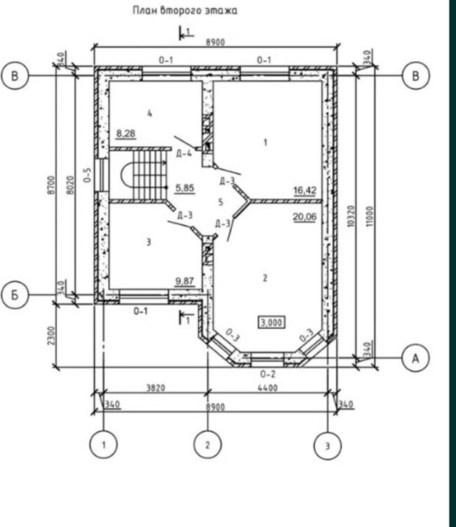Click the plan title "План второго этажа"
[x=185, y=11]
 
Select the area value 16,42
[x=305, y=190]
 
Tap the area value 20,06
[x=304, y=217]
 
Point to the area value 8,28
[x=126, y=134]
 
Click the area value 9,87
[x=185, y=280]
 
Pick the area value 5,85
[x=185, y=188]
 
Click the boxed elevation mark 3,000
[x=271, y=323]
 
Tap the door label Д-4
[x=184, y=154]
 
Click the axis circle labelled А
[x=416, y=358]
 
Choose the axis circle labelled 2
[x=207, y=445]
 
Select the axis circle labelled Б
[x=15, y=294]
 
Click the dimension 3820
[x=155, y=388]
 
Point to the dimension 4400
[x=268, y=388]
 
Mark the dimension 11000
[x=370, y=216]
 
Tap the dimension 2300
[x=51, y=335]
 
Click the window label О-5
[x=87, y=175]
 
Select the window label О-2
[x=268, y=374]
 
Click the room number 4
[x=150, y=113]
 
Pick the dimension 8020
[x=70, y=185]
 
